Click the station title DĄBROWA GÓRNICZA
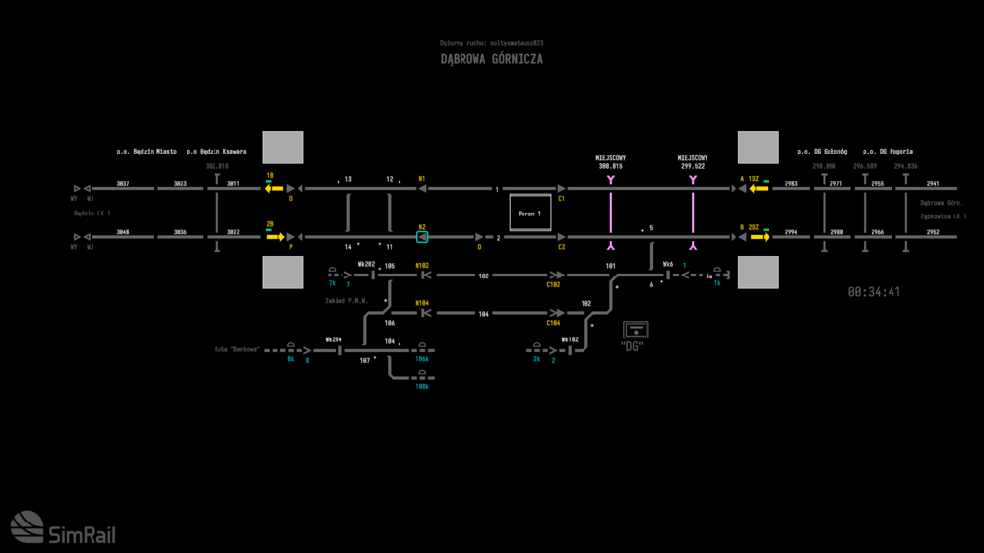(x=491, y=59)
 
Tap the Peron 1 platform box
(x=531, y=213)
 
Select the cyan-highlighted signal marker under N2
(x=422, y=237)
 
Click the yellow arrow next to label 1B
(x=273, y=188)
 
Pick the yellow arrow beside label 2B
(x=275, y=237)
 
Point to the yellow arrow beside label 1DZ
(x=758, y=188)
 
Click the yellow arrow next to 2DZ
(x=758, y=237)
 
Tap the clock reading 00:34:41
(x=874, y=292)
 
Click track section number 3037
(x=123, y=183)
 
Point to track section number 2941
(x=933, y=183)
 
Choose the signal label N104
(x=422, y=303)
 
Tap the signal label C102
(x=554, y=285)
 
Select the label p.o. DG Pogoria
(x=888, y=152)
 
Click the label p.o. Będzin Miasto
(x=147, y=152)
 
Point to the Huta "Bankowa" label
(x=236, y=349)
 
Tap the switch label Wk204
(x=334, y=339)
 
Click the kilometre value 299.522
(x=692, y=167)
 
